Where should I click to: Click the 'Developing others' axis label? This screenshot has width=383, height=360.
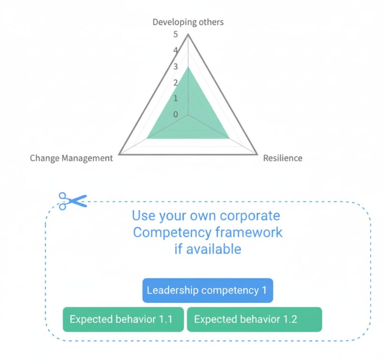pos(188,22)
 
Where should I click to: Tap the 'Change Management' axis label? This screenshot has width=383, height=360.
pos(71,158)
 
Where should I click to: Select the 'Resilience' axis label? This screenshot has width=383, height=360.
pos(283,158)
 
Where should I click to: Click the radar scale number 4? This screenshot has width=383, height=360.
pos(176,51)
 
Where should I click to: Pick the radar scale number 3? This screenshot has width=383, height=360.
pos(176,67)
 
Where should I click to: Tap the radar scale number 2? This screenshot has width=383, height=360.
pos(176,83)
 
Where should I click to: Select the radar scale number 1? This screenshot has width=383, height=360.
pos(176,98)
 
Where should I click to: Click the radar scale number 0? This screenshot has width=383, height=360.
pos(176,114)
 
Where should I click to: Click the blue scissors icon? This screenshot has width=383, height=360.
pos(72,201)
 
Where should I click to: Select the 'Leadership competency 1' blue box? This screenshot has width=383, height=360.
pos(208,290)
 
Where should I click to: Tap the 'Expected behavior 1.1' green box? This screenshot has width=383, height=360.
pos(123,319)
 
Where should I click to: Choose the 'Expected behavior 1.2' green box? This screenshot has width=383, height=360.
pos(254,319)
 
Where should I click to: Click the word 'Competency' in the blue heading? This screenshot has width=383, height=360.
pos(172,232)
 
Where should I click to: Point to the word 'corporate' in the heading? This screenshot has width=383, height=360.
pos(250,216)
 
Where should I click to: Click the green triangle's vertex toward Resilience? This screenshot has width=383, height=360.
pos(229,138)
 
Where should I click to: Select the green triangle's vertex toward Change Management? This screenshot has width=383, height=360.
pos(147,138)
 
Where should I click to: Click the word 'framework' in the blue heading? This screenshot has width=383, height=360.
pos(249,232)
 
